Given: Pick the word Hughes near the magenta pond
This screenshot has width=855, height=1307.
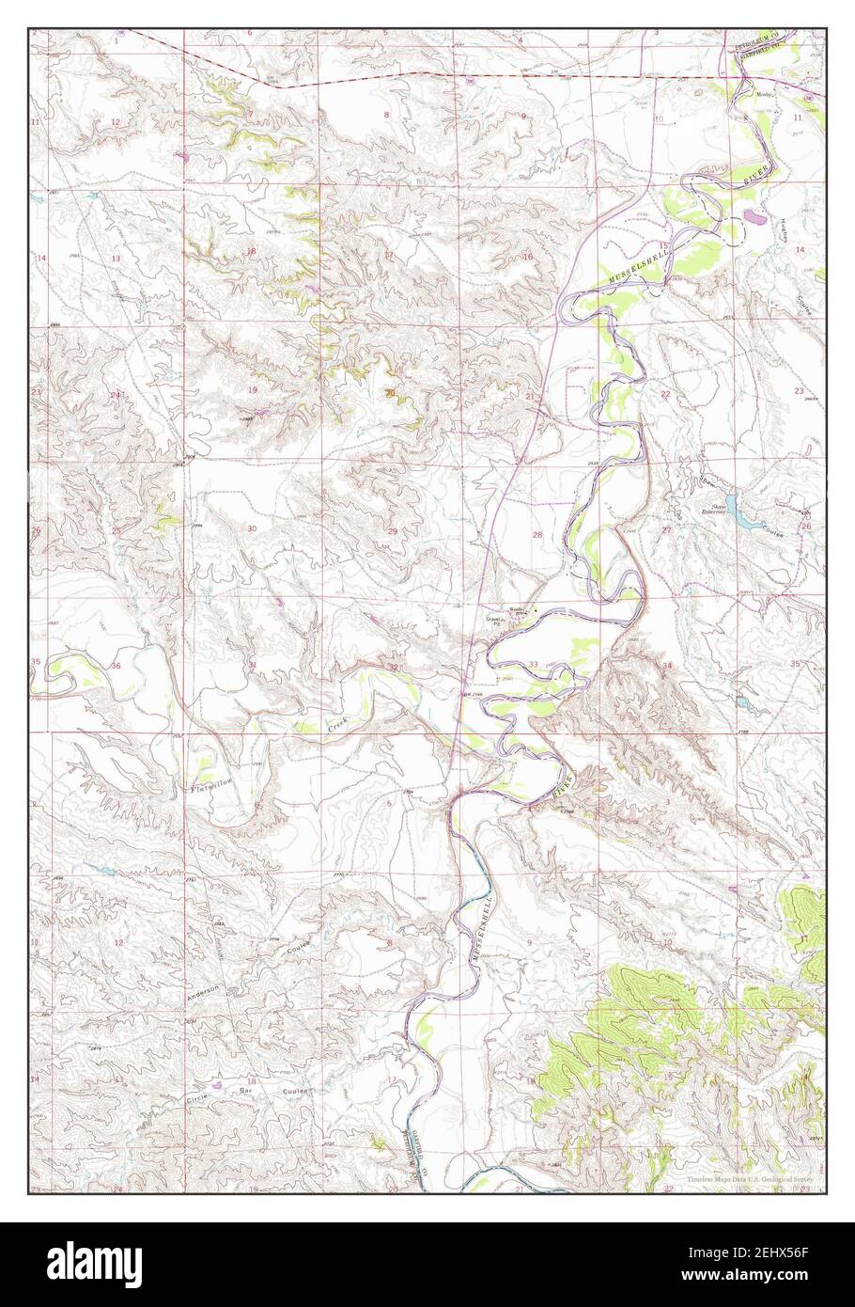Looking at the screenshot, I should [784, 231].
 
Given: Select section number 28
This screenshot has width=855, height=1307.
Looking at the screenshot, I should [537, 534].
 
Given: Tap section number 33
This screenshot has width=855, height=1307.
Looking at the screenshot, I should [533, 665].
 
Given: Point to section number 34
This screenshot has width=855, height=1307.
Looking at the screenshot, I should [667, 665].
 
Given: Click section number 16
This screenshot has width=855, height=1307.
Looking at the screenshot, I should [527, 257].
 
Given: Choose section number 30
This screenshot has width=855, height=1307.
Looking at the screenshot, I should [252, 529].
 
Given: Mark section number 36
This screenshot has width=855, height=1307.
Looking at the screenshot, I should [116, 666].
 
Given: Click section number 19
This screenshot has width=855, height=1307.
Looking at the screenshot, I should [252, 389].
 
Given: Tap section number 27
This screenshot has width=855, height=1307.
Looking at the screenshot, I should [666, 531].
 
